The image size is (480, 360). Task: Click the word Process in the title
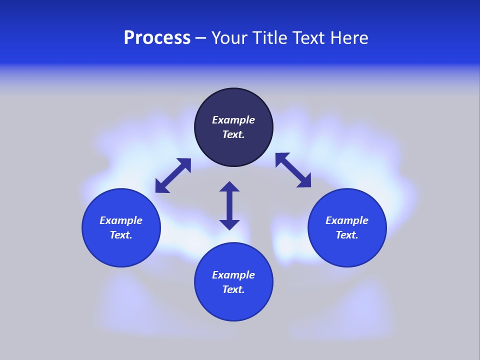coord(157,38)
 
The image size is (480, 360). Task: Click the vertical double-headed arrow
coord(229,205)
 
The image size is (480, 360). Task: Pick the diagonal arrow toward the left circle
coord(173,175)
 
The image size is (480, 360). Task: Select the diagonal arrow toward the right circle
coord(293,170)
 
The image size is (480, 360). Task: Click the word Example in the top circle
coord(233,120)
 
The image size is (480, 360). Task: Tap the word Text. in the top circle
coord(233,134)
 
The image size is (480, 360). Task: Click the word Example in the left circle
coord(121,220)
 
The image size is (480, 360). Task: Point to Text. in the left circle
coord(121,235)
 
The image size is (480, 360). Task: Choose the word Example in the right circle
coord(347,220)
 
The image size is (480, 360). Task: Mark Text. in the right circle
coord(347,235)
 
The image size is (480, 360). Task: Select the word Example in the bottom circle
coord(233,275)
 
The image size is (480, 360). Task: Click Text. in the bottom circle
coord(233,289)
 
